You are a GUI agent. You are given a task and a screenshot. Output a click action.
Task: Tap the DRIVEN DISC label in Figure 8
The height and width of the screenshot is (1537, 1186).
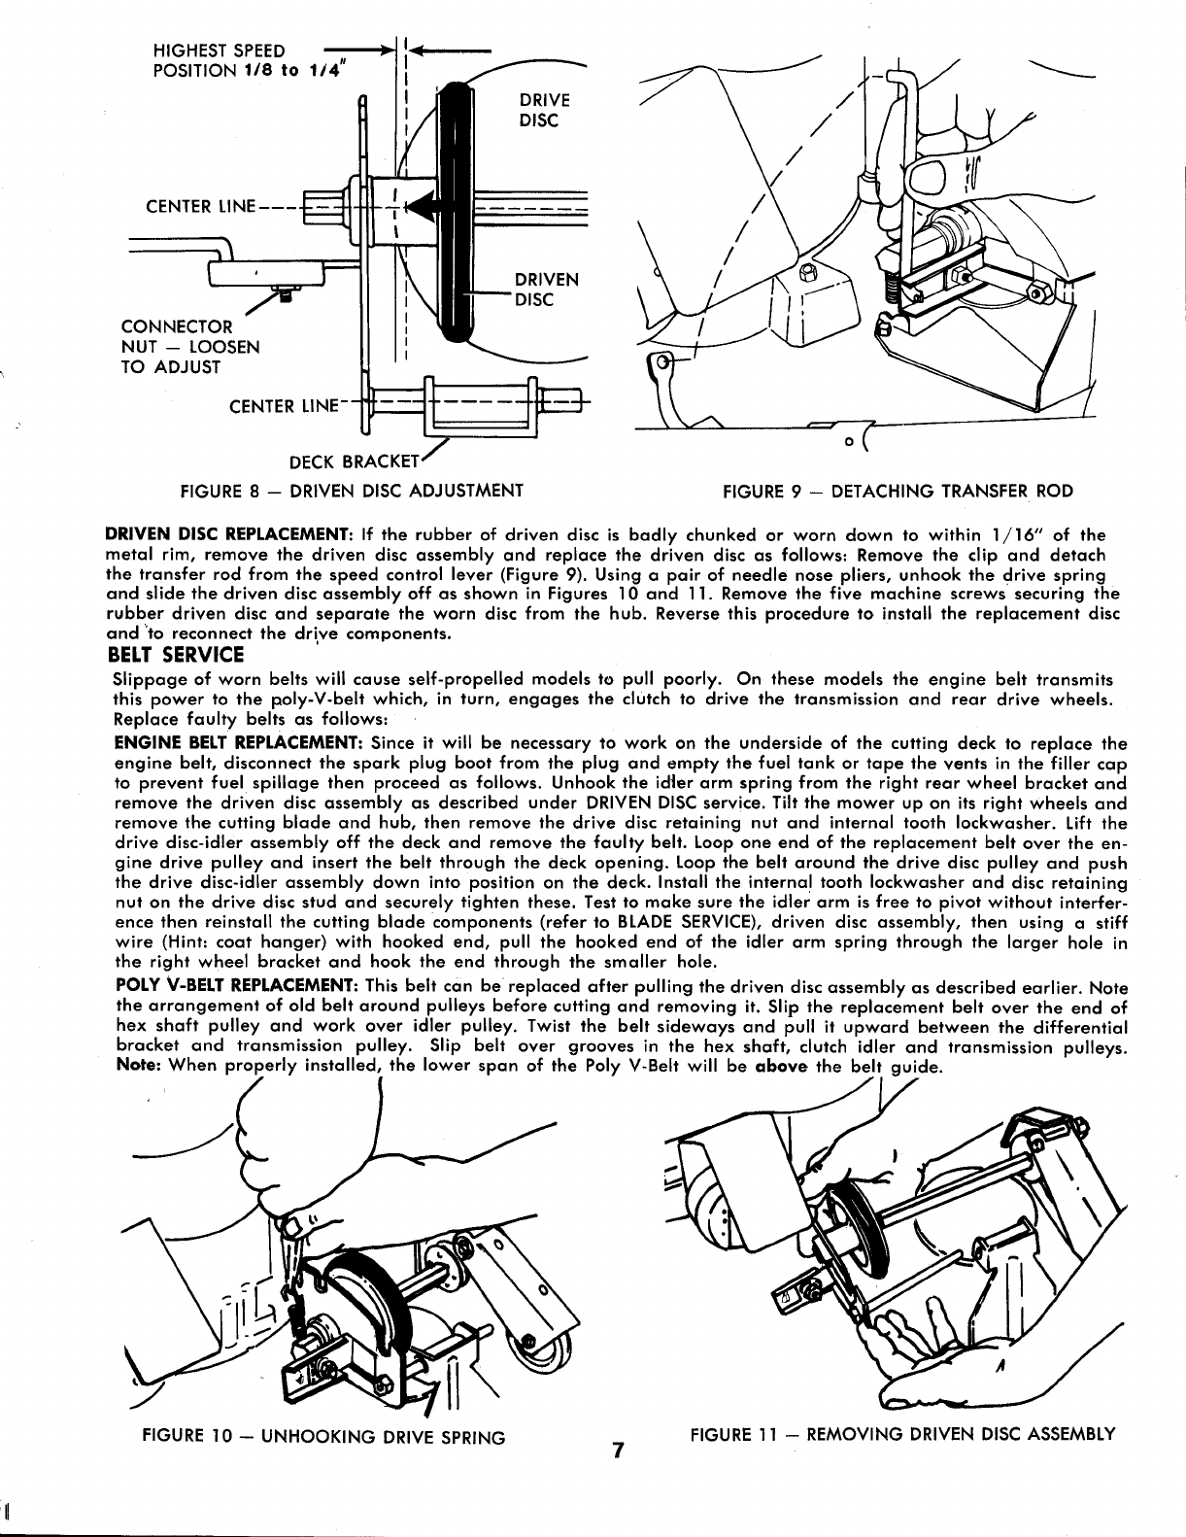click(546, 290)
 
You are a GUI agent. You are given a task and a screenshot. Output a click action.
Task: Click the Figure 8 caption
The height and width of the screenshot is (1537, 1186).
click(353, 490)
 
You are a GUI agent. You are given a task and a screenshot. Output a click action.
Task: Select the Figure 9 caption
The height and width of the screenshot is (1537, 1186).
click(898, 491)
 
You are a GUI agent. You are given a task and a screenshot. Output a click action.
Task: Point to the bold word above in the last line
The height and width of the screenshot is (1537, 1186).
click(782, 1066)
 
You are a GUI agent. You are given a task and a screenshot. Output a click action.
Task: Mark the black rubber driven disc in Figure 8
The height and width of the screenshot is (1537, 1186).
click(456, 214)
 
